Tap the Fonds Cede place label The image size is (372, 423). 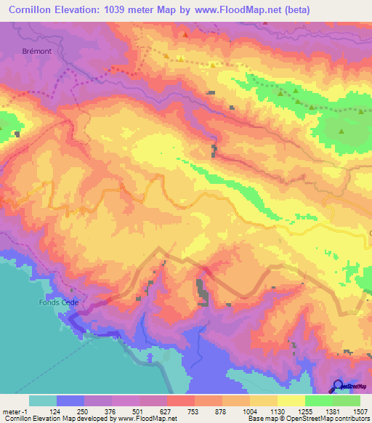tap(59, 302)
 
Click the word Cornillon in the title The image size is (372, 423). tap(30, 10)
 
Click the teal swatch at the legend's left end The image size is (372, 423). tap(43, 400)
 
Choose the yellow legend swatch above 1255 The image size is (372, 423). tap(291, 400)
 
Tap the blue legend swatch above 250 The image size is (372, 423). tap(70, 400)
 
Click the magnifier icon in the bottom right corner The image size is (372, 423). tap(339, 385)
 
